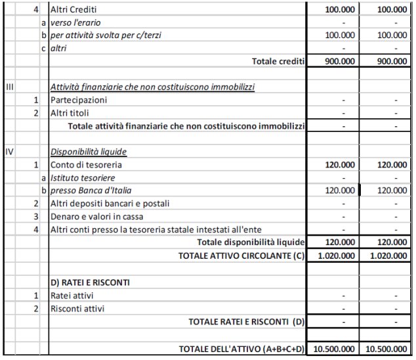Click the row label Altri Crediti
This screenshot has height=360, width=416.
click(73, 11)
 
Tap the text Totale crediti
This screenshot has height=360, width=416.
click(278, 61)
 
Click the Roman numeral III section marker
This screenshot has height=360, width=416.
click(9, 87)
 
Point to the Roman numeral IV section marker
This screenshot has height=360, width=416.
click(10, 152)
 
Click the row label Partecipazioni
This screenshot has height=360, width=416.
click(79, 100)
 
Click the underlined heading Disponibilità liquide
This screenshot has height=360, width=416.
click(89, 152)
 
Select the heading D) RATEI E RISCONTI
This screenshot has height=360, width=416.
click(89, 282)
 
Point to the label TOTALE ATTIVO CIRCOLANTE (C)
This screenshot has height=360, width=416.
click(241, 256)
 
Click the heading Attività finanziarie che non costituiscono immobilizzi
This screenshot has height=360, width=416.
click(152, 87)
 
